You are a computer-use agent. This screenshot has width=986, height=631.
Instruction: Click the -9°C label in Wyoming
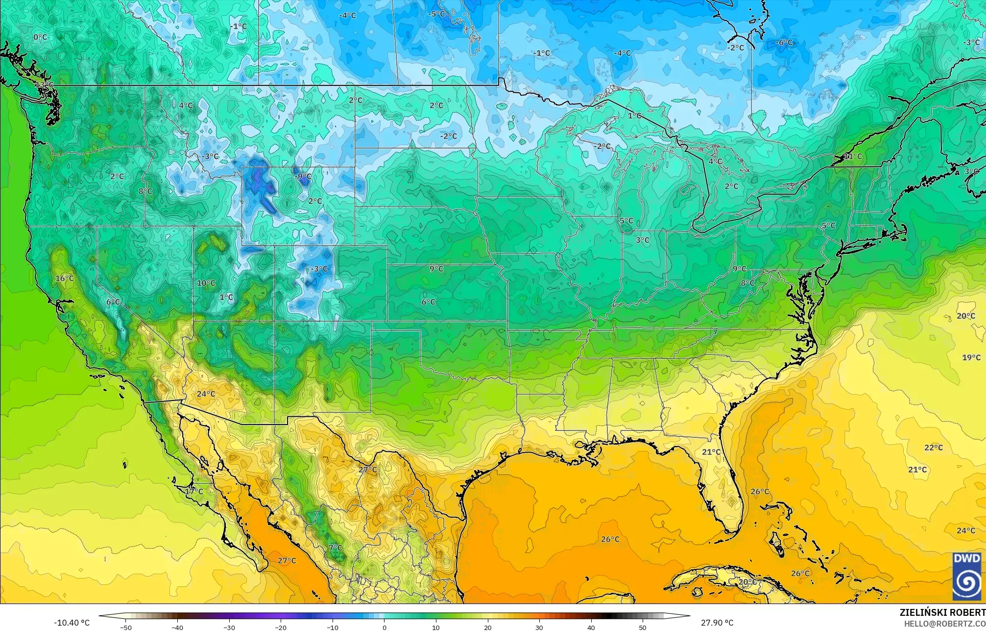(304, 177)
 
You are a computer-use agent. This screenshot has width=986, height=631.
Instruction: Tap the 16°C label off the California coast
(64, 278)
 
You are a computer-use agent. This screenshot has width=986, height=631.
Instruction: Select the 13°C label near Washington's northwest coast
(44, 85)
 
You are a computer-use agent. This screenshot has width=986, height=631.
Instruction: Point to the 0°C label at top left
(40, 37)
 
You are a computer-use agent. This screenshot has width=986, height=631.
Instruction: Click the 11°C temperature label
(853, 156)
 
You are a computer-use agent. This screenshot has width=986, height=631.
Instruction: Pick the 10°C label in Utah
(206, 283)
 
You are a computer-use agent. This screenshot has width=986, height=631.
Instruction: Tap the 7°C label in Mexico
(335, 548)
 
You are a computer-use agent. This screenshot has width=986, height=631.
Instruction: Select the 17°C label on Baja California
(194, 491)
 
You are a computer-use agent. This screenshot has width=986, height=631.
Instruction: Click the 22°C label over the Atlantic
(933, 448)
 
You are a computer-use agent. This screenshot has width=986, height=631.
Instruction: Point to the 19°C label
(971, 357)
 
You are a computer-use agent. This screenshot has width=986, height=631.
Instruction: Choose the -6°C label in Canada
(784, 43)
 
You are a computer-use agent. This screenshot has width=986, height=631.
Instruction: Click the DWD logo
(966, 576)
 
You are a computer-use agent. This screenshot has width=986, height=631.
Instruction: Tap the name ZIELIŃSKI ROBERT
(942, 613)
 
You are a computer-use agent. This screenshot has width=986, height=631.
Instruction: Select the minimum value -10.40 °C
(72, 623)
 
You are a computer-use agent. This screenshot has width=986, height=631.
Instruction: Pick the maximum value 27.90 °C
(717, 623)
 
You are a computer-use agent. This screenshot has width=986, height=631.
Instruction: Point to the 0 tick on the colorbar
(385, 627)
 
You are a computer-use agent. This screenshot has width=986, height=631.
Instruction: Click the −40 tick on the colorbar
(177, 627)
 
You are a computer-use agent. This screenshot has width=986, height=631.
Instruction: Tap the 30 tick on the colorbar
(539, 627)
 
